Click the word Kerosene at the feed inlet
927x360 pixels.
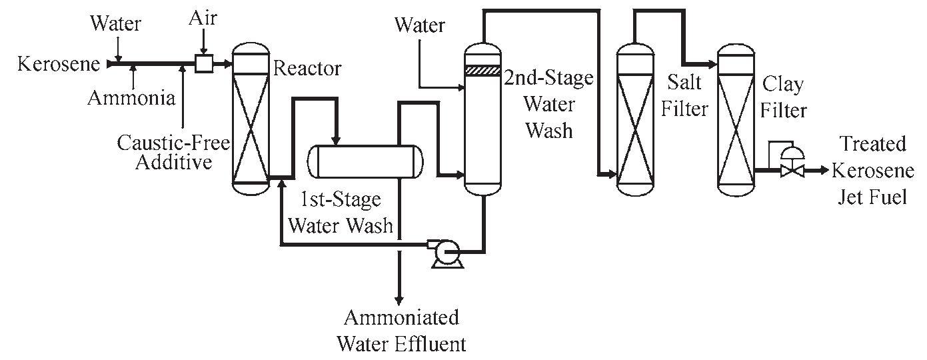(x=59, y=65)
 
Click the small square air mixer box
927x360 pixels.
(x=203, y=64)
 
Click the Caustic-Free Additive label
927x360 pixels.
(x=174, y=152)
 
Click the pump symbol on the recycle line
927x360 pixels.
(x=441, y=252)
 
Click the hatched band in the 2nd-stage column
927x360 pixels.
(x=482, y=70)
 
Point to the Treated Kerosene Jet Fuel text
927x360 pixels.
(x=872, y=170)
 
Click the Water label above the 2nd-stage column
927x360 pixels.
(x=419, y=26)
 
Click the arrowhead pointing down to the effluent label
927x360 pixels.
(x=399, y=299)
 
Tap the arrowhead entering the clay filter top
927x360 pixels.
(x=713, y=65)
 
